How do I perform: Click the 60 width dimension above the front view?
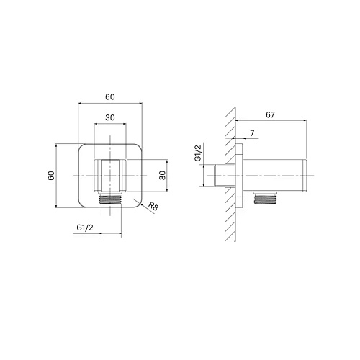point(110,97)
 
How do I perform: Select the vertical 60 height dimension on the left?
point(51,176)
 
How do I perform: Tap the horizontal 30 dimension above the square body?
point(110,117)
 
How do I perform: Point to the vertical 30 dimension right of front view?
point(163,176)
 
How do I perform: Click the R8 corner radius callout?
point(153,206)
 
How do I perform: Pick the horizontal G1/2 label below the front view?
point(85,228)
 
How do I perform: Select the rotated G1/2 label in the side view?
point(199,152)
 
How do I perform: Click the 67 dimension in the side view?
point(270,115)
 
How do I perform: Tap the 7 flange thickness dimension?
point(252,133)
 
